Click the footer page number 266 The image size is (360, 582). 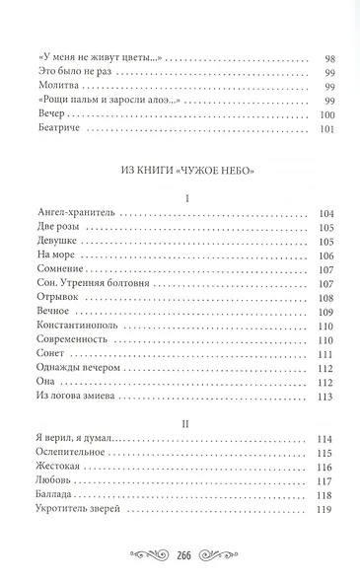180,554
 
